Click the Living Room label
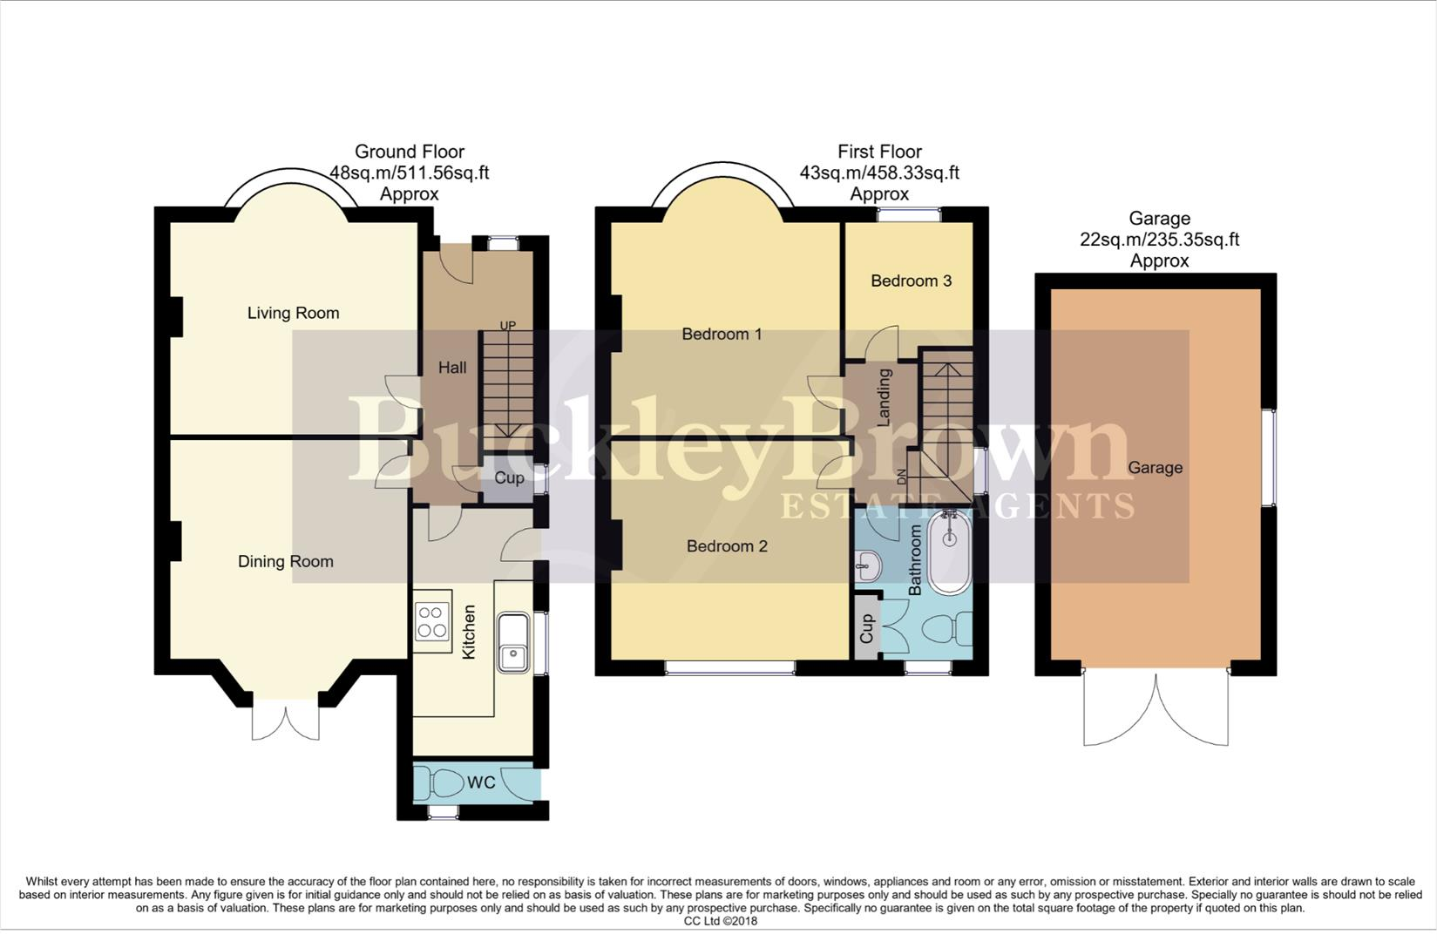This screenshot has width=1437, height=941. tap(293, 313)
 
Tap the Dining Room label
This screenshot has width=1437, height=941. tap(286, 561)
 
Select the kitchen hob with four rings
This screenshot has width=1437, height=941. tap(432, 621)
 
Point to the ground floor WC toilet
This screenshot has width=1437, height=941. tap(444, 782)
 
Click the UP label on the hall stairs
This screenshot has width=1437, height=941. tap(507, 326)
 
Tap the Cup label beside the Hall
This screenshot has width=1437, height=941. tap(509, 477)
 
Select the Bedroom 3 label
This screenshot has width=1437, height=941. tap(911, 281)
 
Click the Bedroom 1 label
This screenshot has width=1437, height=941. tap(722, 334)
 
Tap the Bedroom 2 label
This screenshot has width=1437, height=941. tap(727, 546)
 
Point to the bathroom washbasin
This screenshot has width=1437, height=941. tap(867, 567)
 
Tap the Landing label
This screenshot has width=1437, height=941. tap(884, 397)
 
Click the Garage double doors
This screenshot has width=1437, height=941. tap(1156, 710)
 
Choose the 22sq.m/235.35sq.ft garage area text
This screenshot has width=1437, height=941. tap(1159, 240)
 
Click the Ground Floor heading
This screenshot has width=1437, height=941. tap(409, 152)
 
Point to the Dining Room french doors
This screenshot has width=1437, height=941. tap(285, 721)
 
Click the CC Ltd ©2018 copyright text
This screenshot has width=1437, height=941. tap(720, 921)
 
